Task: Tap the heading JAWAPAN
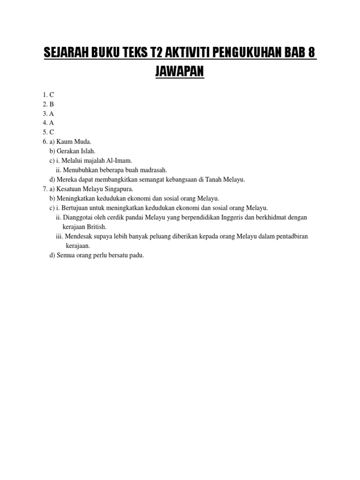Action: tap(180, 73)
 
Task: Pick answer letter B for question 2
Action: tap(52, 104)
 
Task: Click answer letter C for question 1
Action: tap(52, 95)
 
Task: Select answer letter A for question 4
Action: tap(52, 123)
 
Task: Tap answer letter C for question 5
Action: tap(52, 132)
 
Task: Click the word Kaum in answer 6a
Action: tap(65, 142)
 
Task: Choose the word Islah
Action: tap(87, 151)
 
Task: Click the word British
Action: tap(97, 227)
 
